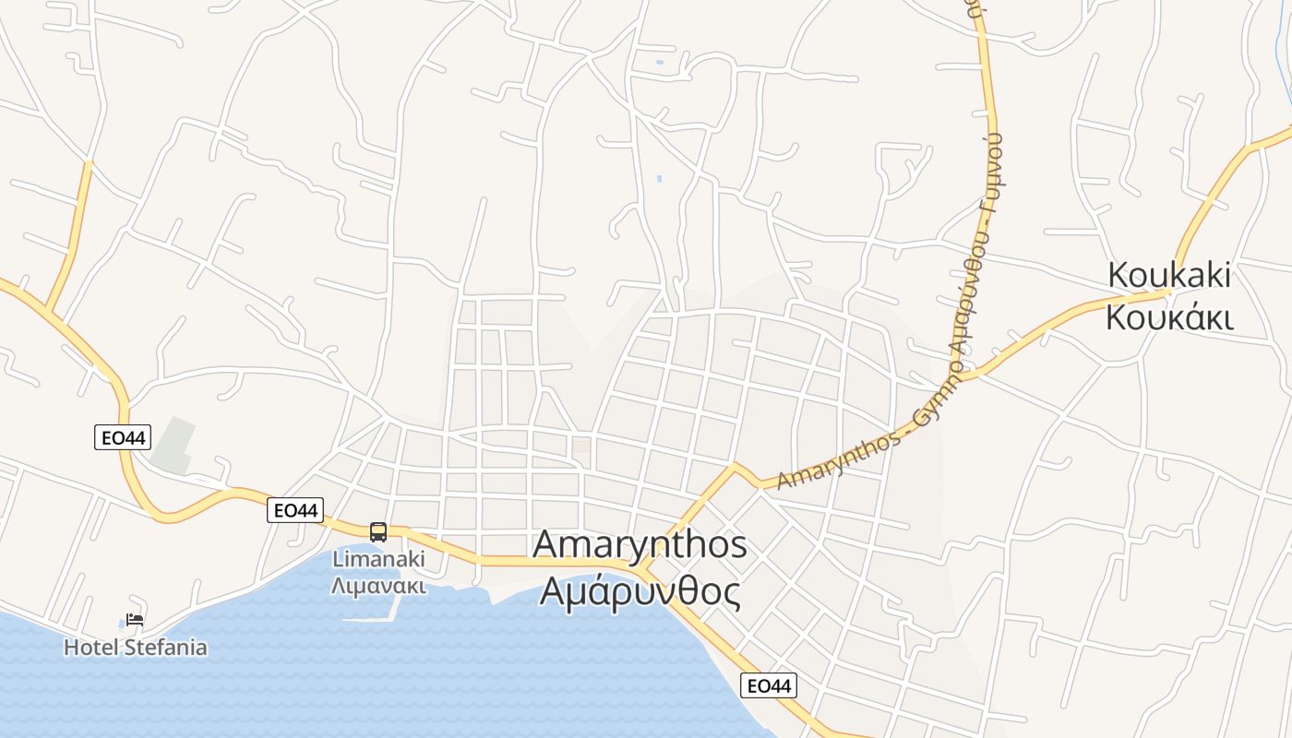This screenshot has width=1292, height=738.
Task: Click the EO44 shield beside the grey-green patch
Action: click(x=122, y=437)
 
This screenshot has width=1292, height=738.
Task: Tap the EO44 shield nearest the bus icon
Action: click(x=295, y=510)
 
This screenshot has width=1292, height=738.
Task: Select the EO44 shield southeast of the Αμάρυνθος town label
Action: click(x=769, y=685)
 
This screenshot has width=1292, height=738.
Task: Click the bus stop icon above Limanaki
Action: click(x=378, y=531)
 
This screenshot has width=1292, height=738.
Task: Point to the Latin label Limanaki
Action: click(x=378, y=559)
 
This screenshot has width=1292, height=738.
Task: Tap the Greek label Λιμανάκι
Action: click(x=378, y=586)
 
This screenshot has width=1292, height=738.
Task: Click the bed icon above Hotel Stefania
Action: click(x=135, y=620)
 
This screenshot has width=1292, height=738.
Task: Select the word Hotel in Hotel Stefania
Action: click(x=91, y=648)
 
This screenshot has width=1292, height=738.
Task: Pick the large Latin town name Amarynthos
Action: click(x=640, y=544)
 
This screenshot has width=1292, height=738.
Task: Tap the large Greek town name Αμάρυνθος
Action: click(x=640, y=591)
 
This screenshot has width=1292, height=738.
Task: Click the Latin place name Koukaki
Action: click(x=1169, y=275)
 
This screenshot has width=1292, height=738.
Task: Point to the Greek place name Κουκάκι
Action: click(x=1169, y=317)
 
